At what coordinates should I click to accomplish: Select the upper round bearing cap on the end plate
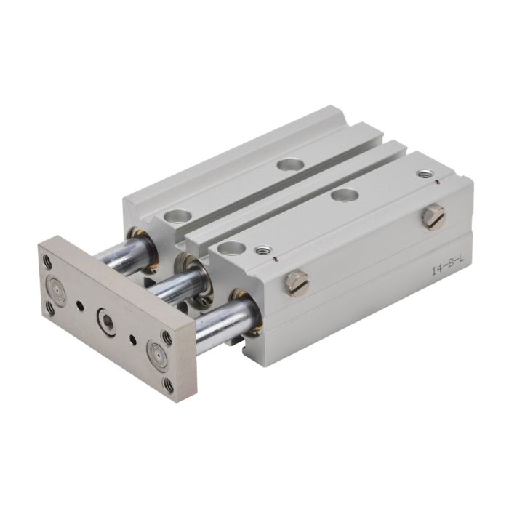point(57,288)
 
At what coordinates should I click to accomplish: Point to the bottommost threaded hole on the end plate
point(169,384)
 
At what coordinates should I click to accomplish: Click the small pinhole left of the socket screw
point(79,305)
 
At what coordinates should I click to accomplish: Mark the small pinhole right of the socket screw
point(132,340)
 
